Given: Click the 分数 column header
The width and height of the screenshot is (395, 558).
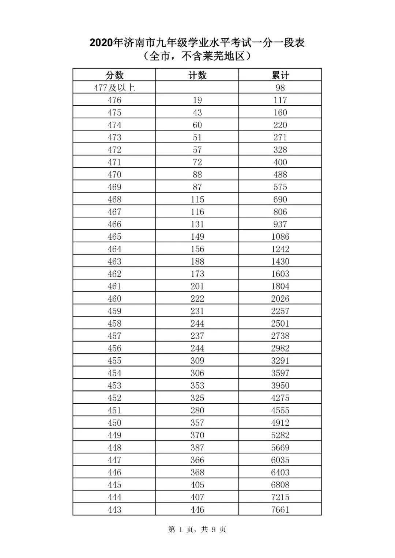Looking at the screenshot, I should (114, 75).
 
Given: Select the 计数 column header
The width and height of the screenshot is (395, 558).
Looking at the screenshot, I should (197, 75).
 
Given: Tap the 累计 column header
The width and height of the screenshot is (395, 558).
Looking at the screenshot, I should (280, 75).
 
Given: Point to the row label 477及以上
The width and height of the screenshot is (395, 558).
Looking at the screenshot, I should (114, 88).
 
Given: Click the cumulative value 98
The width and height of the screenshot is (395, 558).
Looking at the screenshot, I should (280, 88).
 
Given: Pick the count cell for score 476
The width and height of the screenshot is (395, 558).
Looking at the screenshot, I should (197, 100).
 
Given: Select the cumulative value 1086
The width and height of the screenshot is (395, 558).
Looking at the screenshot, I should (280, 236).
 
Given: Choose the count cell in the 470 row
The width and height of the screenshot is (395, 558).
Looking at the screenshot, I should (197, 175).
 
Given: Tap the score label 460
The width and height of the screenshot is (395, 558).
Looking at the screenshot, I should (114, 299).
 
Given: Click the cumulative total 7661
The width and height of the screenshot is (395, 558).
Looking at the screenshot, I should (280, 509).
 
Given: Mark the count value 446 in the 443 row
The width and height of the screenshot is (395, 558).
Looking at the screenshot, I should (197, 509).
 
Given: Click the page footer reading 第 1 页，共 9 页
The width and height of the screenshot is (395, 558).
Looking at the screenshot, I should (197, 529).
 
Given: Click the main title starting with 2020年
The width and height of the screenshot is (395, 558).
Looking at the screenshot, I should (197, 43).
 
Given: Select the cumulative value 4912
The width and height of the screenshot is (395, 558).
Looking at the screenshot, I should (280, 423).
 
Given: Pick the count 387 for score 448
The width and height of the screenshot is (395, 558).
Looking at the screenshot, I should (197, 448).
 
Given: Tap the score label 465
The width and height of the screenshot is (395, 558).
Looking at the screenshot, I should (114, 236).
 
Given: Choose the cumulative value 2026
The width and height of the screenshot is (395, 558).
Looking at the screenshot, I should (280, 299).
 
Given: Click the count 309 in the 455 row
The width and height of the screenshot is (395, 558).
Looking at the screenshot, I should (197, 361).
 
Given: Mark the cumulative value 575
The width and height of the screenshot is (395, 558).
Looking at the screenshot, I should (280, 187).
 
